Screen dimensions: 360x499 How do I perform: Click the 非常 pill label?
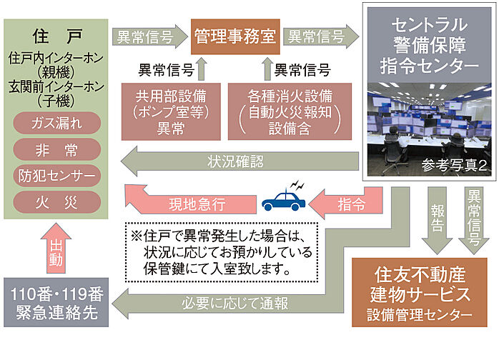[x=56, y=149]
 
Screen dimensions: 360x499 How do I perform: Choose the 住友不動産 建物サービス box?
[x=423, y=293]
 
